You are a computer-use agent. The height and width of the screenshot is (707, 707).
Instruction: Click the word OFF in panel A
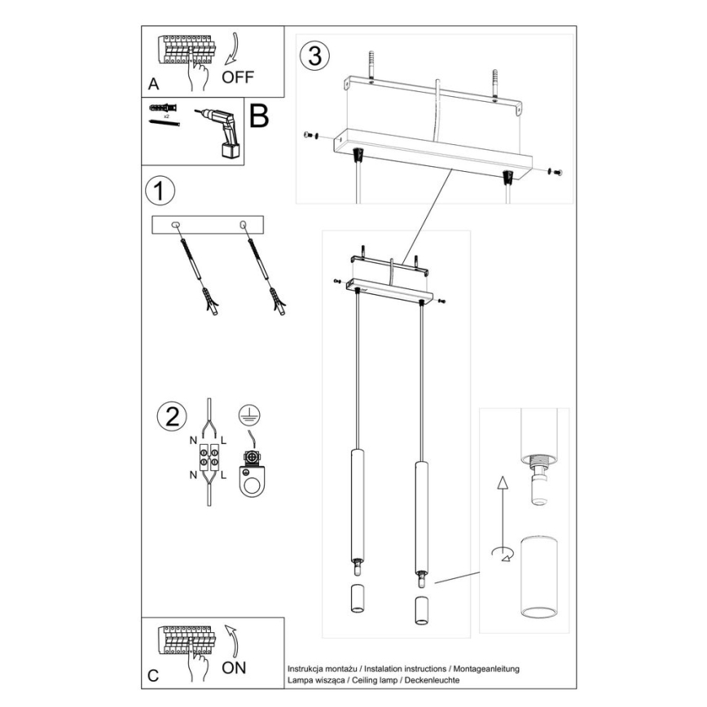238,77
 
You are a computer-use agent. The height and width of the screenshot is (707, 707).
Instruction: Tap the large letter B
258,117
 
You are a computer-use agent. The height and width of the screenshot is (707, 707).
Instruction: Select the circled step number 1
160,191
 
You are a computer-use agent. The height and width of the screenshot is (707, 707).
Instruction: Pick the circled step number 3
314,56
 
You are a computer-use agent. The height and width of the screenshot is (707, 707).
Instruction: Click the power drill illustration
219,131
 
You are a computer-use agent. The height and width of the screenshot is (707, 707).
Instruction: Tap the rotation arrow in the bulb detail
501,554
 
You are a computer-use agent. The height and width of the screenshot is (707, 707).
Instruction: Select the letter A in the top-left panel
152,84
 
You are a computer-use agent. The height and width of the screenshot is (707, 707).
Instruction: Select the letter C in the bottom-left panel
152,676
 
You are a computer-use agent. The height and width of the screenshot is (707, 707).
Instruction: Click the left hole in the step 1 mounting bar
175,224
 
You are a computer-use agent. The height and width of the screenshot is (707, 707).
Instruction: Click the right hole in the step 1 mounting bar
242,224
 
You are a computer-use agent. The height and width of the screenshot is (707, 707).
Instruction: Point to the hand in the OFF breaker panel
195,77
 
